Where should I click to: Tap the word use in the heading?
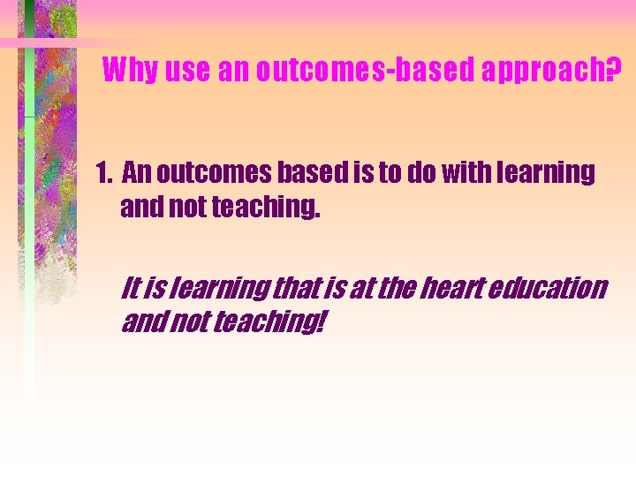click(186, 70)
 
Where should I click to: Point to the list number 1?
click(102, 173)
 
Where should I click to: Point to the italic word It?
click(131, 288)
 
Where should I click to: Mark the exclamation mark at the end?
click(319, 323)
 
